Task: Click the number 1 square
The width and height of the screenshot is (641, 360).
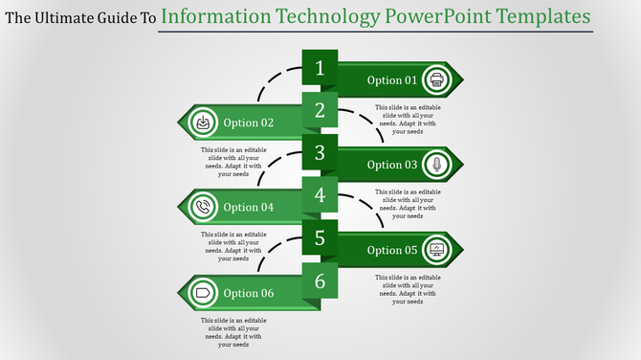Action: [320, 68]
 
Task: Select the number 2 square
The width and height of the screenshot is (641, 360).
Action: [320, 110]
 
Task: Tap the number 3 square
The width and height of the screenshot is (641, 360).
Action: [320, 152]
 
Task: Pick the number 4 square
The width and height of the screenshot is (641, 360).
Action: [320, 195]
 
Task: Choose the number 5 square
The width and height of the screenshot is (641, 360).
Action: [320, 237]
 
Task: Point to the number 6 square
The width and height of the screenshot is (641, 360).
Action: [320, 281]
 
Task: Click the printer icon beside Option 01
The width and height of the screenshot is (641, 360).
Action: [436, 79]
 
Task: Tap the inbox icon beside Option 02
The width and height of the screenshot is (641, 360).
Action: [203, 122]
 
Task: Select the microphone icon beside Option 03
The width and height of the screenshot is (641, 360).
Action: [436, 164]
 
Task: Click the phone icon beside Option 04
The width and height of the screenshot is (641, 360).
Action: [203, 206]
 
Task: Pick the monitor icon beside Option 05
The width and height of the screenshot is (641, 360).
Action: [436, 250]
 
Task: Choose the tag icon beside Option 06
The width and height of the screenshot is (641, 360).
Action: [203, 292]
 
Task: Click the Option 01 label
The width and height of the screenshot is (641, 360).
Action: [392, 80]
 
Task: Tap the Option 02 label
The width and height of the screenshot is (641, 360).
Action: [249, 123]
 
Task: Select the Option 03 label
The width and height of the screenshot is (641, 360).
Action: [392, 165]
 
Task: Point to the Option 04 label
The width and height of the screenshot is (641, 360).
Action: [249, 207]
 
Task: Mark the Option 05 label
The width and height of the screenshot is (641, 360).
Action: [392, 251]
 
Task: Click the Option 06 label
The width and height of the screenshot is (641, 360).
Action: [249, 293]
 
